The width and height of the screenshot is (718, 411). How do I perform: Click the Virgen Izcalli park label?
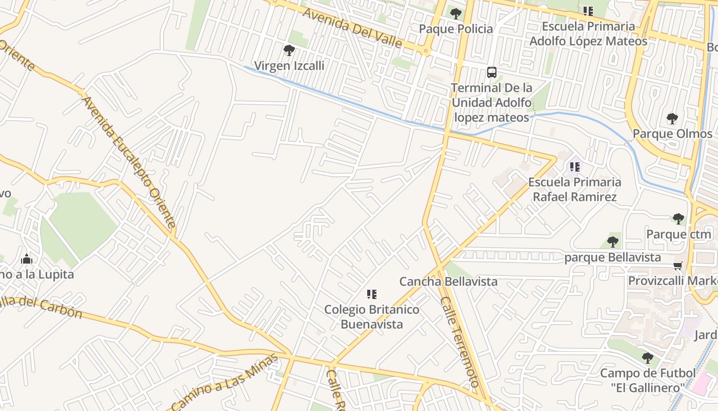[289, 66]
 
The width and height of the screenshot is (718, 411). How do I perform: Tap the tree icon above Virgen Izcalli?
[289, 50]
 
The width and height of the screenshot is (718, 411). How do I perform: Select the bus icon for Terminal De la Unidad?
[492, 72]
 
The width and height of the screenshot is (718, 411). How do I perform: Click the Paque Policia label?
[456, 29]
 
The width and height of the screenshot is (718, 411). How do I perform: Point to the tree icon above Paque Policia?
[455, 14]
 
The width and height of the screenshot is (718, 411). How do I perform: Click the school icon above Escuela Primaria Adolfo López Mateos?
[588, 11]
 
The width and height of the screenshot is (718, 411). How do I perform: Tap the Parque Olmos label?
[672, 134]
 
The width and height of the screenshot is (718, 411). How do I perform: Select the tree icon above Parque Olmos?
[672, 119]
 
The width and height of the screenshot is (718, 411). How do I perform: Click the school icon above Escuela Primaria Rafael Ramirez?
[575, 166]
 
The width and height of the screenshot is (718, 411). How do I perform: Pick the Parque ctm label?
[679, 234]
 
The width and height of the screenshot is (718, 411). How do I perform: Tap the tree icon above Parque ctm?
[679, 219]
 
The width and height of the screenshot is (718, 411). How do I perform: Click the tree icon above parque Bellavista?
[612, 242]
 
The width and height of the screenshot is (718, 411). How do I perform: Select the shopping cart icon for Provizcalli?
[678, 266]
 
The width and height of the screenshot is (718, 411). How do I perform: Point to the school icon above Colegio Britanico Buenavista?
[372, 294]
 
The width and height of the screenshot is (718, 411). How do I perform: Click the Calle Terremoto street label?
[460, 342]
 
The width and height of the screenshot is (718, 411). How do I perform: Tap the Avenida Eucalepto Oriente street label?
[129, 161]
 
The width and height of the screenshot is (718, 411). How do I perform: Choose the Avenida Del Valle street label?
[352, 27]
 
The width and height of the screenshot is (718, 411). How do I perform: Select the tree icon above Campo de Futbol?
[648, 358]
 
